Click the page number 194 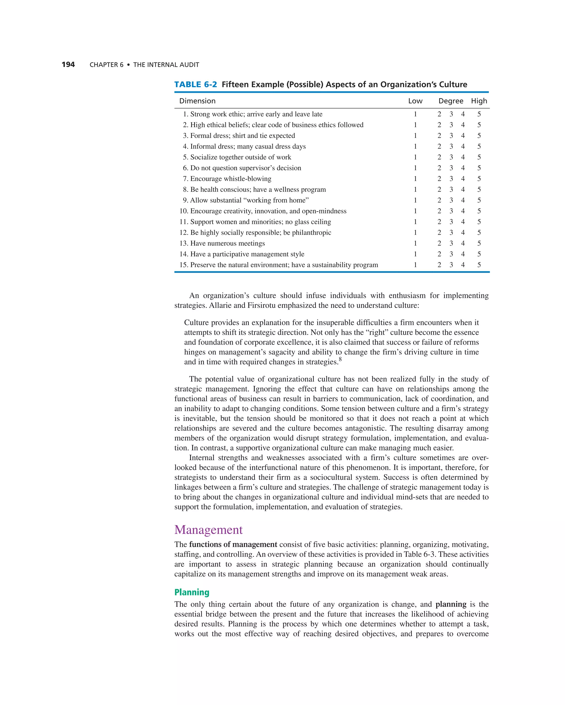pyautogui.click(x=68, y=65)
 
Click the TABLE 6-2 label pyautogui.click(x=196, y=84)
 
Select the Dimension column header pyautogui.click(x=197, y=101)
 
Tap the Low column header pyautogui.click(x=415, y=101)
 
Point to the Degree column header pyautogui.click(x=451, y=101)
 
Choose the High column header pyautogui.click(x=479, y=101)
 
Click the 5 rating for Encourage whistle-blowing pyautogui.click(x=479, y=179)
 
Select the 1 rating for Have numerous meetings pyautogui.click(x=415, y=244)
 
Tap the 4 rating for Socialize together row pyautogui.click(x=463, y=157)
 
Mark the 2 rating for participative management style pyautogui.click(x=439, y=254)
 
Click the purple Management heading pyautogui.click(x=208, y=530)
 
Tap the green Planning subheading pyautogui.click(x=192, y=592)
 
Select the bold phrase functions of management pyautogui.click(x=233, y=544)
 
